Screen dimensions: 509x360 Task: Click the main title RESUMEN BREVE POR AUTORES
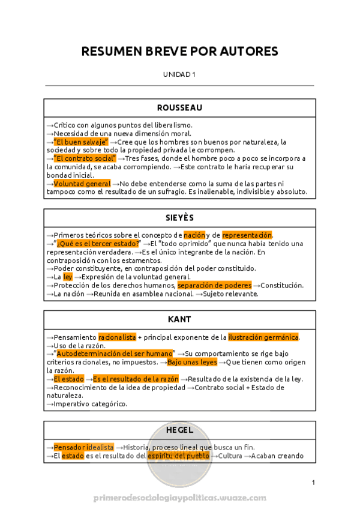click(179, 52)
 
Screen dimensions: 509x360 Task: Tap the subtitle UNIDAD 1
click(179, 74)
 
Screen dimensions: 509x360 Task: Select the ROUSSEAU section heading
click(179, 108)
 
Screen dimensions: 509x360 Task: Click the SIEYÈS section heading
click(179, 217)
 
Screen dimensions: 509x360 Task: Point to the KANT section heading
click(179, 319)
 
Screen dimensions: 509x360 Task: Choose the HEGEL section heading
click(179, 430)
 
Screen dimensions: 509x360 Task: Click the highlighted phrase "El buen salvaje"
click(81, 142)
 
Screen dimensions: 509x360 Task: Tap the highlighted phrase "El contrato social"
click(85, 158)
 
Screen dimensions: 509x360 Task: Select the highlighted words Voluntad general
click(82, 184)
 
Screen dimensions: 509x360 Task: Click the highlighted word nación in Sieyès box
click(194, 235)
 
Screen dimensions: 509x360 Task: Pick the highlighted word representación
click(247, 235)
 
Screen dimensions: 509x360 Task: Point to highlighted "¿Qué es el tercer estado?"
click(98, 244)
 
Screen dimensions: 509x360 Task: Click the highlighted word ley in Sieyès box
click(68, 277)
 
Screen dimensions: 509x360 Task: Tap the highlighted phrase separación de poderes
click(214, 286)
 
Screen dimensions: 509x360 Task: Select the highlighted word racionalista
click(117, 337)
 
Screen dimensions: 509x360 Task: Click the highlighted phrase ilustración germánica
click(263, 337)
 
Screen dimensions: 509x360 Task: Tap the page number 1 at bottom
click(313, 483)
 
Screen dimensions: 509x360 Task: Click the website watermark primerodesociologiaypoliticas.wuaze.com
click(179, 498)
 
